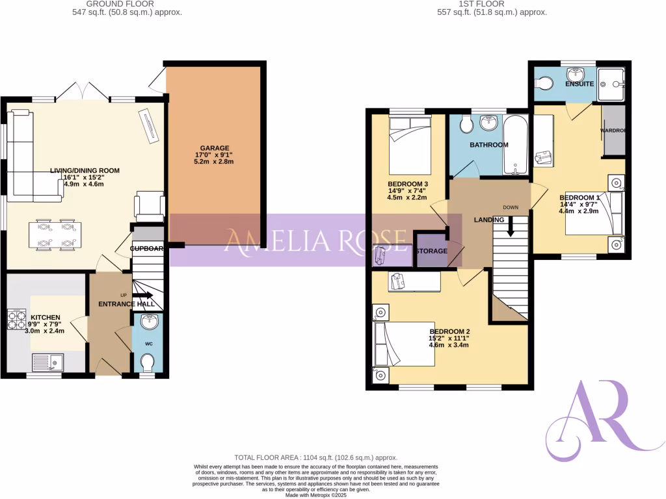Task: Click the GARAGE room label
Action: pos(215,148)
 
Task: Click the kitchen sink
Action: pos(48,361)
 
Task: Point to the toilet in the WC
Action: pos(148,362)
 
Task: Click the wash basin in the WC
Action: pos(148,321)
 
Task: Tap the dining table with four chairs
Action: pos(55,235)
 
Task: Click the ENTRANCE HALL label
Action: pos(121,304)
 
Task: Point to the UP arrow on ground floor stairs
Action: pos(142,295)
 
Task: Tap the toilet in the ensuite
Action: pos(543,83)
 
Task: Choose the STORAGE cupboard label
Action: pos(432,251)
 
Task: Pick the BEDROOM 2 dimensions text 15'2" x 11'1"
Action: pos(449,338)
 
